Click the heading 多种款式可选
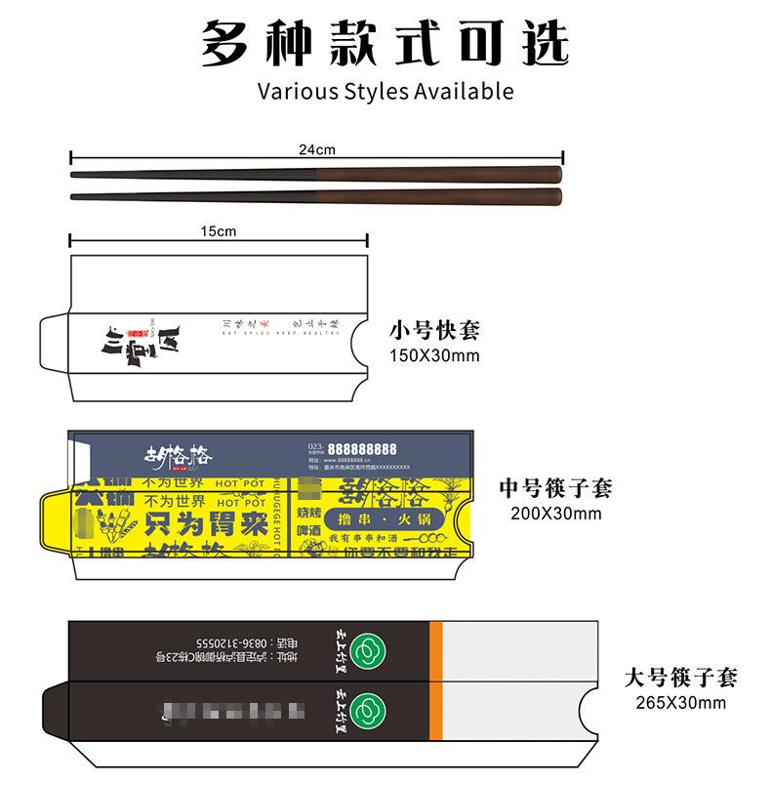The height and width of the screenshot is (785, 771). [385, 45]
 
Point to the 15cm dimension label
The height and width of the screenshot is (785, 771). [217, 231]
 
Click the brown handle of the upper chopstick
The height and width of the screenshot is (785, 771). [439, 175]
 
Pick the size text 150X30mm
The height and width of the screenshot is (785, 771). [434, 354]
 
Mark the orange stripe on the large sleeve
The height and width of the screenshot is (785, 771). [436, 676]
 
